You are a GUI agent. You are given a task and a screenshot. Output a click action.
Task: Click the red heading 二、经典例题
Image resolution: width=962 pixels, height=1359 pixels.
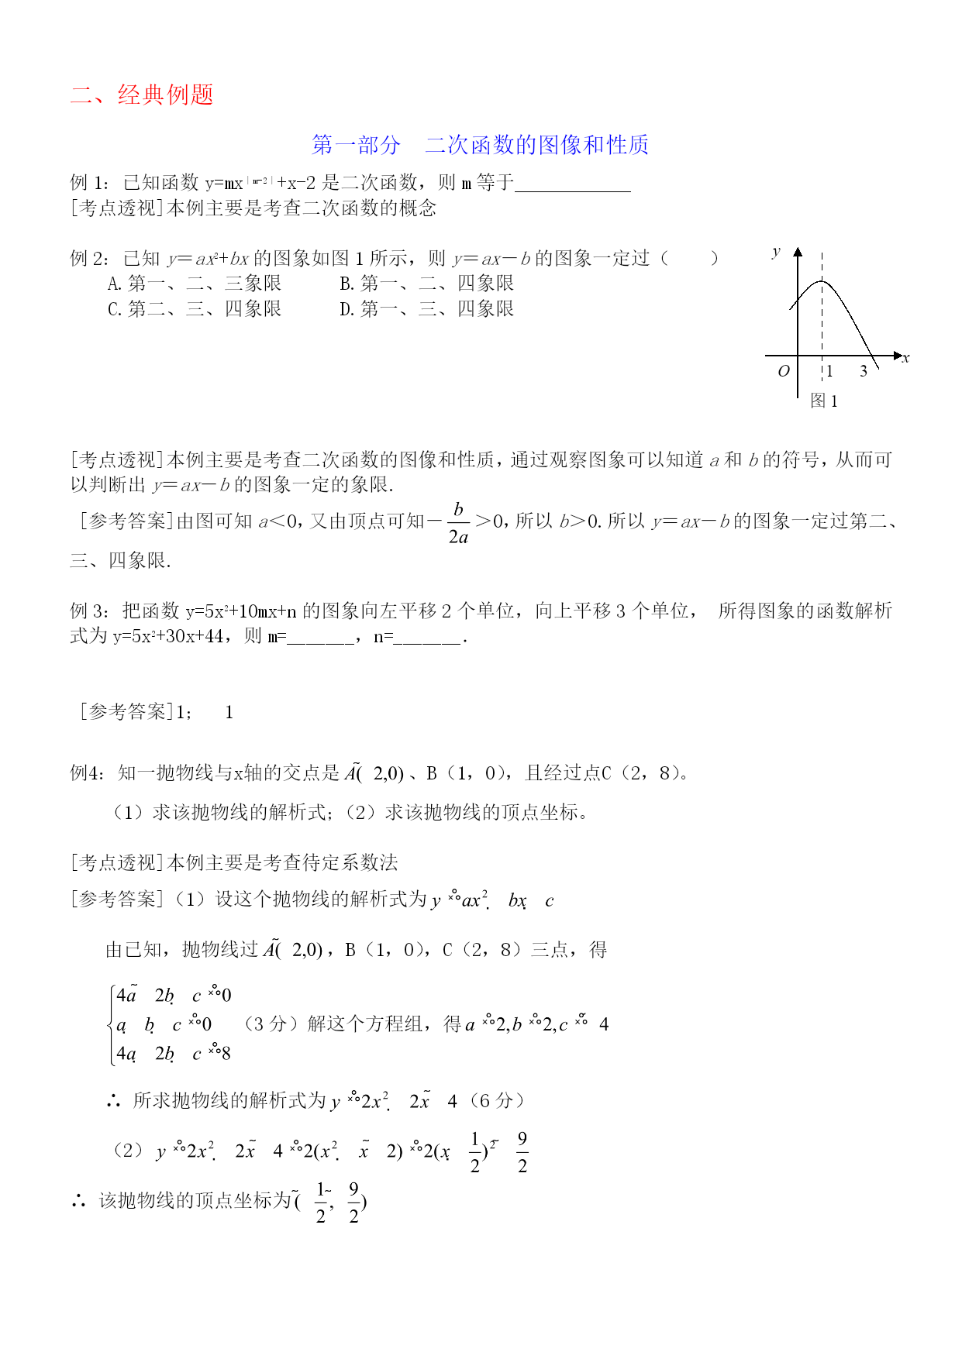[142, 95]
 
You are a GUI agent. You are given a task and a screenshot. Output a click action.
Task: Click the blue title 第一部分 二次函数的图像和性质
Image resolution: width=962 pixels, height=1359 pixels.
[480, 145]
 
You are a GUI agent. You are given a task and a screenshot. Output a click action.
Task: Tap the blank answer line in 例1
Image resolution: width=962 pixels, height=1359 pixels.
[572, 184]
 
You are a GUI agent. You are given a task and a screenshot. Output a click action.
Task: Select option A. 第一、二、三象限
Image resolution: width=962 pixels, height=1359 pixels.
[194, 284]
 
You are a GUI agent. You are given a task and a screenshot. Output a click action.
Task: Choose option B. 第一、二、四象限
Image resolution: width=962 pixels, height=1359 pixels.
[426, 284]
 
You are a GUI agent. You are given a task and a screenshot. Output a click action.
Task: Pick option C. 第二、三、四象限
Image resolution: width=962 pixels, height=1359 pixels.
[194, 309]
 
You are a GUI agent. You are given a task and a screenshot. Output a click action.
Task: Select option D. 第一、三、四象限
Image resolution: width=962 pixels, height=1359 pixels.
[426, 309]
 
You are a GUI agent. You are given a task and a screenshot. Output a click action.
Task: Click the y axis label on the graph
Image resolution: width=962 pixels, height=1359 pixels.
[776, 251]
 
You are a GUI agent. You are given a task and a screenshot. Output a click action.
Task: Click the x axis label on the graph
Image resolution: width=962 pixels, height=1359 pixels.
[905, 358]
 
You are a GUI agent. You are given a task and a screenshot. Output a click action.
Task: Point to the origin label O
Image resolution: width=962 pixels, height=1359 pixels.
[784, 371]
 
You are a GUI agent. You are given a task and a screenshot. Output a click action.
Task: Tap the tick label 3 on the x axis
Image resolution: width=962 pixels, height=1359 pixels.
[864, 371]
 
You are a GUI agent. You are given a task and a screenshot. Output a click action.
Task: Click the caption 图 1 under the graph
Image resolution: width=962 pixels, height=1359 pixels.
[823, 401]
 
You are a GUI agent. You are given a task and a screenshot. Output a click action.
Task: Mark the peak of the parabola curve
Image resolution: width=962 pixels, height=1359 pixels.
[822, 281]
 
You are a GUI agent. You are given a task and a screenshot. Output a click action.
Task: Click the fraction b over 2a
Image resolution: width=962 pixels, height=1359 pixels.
[458, 523]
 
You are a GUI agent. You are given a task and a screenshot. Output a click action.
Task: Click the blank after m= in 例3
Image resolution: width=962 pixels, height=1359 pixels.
[321, 637]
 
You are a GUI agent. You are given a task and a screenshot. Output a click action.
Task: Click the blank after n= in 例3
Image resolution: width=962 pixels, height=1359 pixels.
[427, 637]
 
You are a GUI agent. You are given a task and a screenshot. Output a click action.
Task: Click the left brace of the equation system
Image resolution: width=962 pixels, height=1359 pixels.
[112, 1024]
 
